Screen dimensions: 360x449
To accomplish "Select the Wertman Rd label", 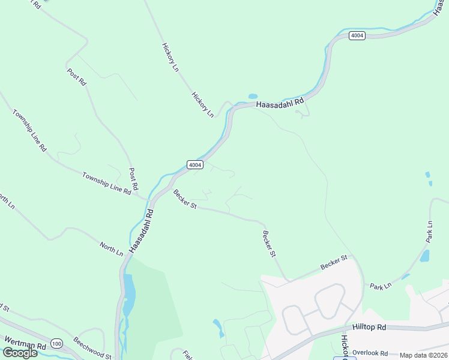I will (25, 346).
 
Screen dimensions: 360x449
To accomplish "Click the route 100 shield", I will (56, 344).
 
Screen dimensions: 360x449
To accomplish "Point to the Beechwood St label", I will (92, 347).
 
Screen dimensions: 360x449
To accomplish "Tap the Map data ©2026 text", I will (424, 355).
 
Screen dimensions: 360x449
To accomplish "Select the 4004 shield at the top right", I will (357, 35).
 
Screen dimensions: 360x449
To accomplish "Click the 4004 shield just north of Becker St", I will (194, 164).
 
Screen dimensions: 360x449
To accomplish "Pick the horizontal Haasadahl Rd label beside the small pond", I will (280, 104).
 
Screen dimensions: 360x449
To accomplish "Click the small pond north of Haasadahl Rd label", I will (253, 96).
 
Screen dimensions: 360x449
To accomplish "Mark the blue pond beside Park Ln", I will (425, 256).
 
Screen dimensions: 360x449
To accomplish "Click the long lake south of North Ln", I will (128, 295).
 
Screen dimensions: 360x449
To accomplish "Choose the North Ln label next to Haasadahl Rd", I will (111, 249).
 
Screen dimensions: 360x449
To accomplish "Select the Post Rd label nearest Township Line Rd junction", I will (133, 178).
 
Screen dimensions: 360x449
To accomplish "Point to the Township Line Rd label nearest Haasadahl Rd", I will (107, 184).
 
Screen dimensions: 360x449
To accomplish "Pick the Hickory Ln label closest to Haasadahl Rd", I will (202, 104).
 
